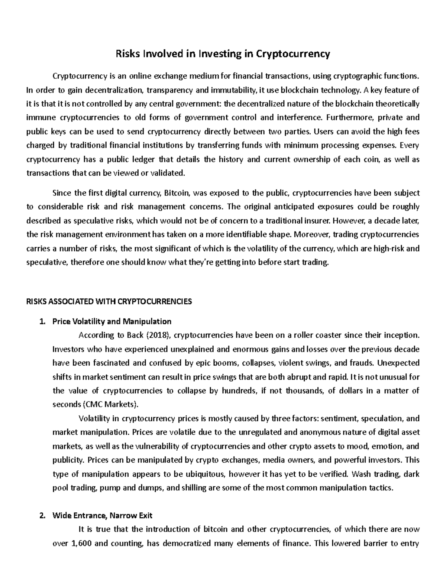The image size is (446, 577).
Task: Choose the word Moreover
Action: pos(310,234)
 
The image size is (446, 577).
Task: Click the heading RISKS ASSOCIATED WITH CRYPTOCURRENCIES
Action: pos(109,301)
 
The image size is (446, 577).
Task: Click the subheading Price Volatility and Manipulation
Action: pos(112,321)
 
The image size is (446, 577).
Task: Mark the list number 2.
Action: pos(43,516)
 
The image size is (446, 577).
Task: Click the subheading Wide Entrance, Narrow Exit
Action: pos(103,516)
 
